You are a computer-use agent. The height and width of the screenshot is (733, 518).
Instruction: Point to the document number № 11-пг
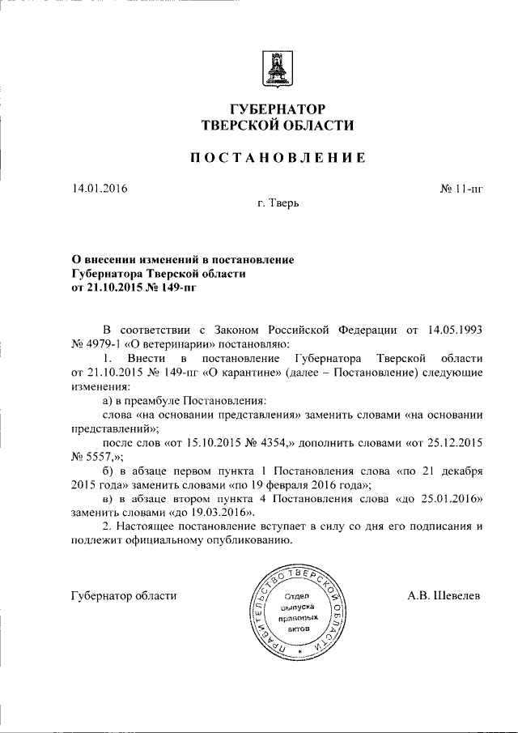[x=461, y=189]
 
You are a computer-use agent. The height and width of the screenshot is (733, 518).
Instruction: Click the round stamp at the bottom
[x=299, y=613]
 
